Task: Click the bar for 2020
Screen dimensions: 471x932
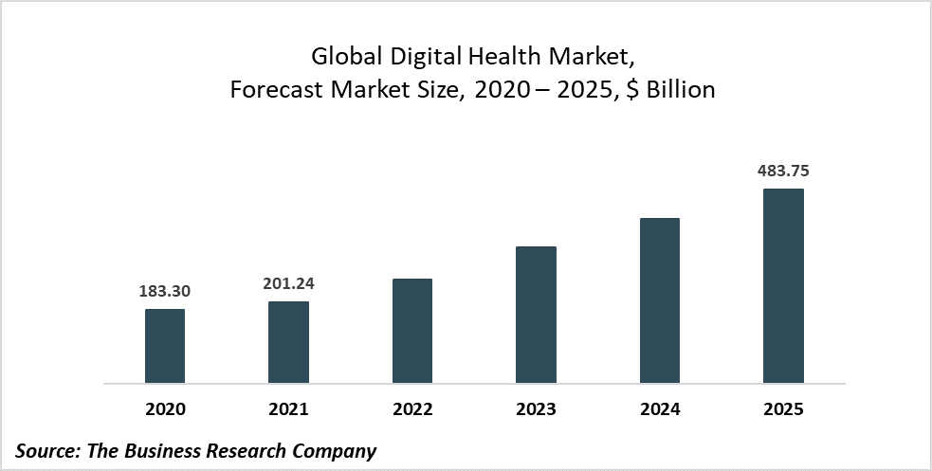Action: (x=165, y=346)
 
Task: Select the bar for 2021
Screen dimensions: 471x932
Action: (x=288, y=342)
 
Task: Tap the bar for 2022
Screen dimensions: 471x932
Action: (x=412, y=331)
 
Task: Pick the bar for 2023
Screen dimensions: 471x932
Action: (x=536, y=315)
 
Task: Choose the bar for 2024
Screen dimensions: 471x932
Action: (x=660, y=300)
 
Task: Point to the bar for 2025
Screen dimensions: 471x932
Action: (x=783, y=286)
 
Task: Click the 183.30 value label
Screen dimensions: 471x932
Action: (x=165, y=292)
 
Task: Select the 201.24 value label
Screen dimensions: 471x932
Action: (x=288, y=284)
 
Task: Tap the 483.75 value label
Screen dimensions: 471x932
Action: (x=783, y=172)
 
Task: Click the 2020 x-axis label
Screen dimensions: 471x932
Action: (x=165, y=409)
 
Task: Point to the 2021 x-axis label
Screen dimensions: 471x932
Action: (x=288, y=409)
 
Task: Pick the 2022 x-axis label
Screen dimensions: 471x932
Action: (x=412, y=409)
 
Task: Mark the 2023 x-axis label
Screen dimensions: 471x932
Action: (x=536, y=409)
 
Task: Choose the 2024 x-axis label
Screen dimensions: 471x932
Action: (x=660, y=409)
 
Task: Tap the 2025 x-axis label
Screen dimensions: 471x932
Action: (x=783, y=409)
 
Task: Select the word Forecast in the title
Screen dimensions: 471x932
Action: (x=277, y=91)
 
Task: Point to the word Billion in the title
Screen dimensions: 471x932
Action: (x=679, y=91)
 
